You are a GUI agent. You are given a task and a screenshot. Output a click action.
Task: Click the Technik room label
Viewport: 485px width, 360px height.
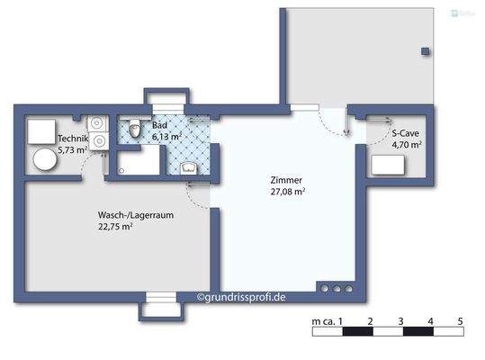(x=73, y=139)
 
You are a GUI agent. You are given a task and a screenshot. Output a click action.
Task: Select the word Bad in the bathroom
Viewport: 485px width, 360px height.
(x=159, y=125)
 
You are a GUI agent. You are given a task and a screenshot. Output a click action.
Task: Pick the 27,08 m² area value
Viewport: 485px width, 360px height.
(x=287, y=192)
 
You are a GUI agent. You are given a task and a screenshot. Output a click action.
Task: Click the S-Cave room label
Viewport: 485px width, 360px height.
(x=405, y=132)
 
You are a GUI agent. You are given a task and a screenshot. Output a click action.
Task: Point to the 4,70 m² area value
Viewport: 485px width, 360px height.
(x=406, y=144)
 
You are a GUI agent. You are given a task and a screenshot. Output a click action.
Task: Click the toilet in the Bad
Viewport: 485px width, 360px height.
(x=134, y=131)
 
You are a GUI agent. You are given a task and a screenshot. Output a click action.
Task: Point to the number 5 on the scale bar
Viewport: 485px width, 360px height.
(x=460, y=321)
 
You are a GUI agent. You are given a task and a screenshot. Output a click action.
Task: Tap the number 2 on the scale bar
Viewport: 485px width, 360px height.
(x=371, y=321)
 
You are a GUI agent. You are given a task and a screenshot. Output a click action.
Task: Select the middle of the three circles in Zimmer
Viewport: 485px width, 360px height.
(x=336, y=290)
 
